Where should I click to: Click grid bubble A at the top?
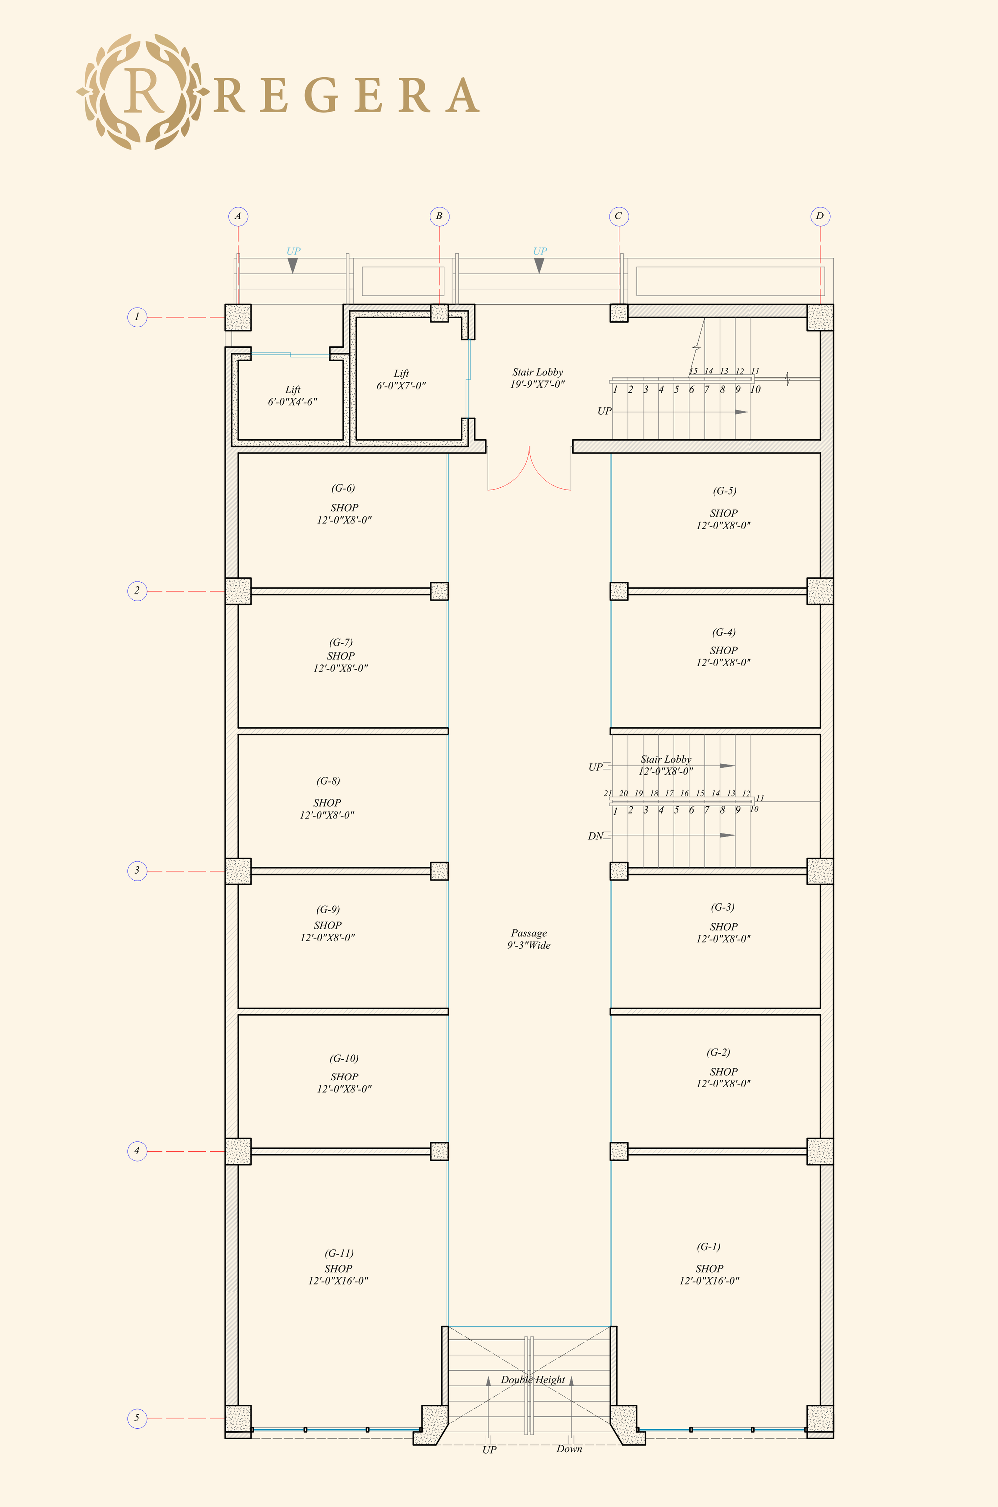238,216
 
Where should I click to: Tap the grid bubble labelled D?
820,216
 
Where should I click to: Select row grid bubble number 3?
137,871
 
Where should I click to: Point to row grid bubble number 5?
137,1417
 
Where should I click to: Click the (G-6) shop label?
343,488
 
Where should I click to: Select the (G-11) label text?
339,1253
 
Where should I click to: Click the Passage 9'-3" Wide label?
529,939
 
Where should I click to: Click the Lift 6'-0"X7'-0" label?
401,379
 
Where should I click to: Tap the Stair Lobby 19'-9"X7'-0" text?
538,378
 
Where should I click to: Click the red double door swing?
529,474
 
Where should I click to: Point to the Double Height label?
533,1379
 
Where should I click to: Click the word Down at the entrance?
569,1449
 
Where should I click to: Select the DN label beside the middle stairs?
595,836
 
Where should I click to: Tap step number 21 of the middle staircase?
608,793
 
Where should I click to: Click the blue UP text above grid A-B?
293,251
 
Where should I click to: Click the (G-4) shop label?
723,633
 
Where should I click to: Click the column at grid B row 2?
439,591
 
